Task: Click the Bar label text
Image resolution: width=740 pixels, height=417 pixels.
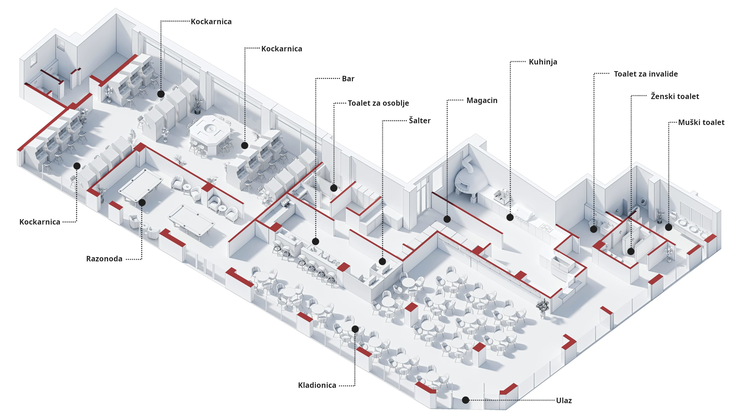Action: [348, 79]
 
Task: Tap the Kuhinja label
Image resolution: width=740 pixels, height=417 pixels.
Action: [543, 62]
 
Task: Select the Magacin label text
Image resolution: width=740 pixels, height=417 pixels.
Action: [482, 101]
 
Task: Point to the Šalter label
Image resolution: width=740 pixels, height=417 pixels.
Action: [419, 121]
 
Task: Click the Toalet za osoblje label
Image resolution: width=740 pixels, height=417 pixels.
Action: [378, 103]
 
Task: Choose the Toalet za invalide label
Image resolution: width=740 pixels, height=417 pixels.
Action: [646, 74]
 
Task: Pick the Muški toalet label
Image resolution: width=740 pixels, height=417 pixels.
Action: [701, 122]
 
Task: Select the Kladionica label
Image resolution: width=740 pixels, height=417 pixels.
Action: [317, 385]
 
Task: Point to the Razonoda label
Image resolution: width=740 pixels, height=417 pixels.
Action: [104, 259]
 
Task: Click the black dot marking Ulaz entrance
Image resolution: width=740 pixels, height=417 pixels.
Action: [465, 400]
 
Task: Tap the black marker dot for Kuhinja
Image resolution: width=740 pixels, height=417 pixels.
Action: [510, 217]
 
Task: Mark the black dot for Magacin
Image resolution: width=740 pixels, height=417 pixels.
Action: [447, 219]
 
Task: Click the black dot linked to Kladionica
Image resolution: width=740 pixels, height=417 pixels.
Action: [355, 329]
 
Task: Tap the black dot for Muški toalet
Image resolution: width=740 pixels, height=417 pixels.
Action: [668, 227]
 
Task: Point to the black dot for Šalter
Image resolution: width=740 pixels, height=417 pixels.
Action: [382, 261]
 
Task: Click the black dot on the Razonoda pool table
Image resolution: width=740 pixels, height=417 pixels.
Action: [142, 202]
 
